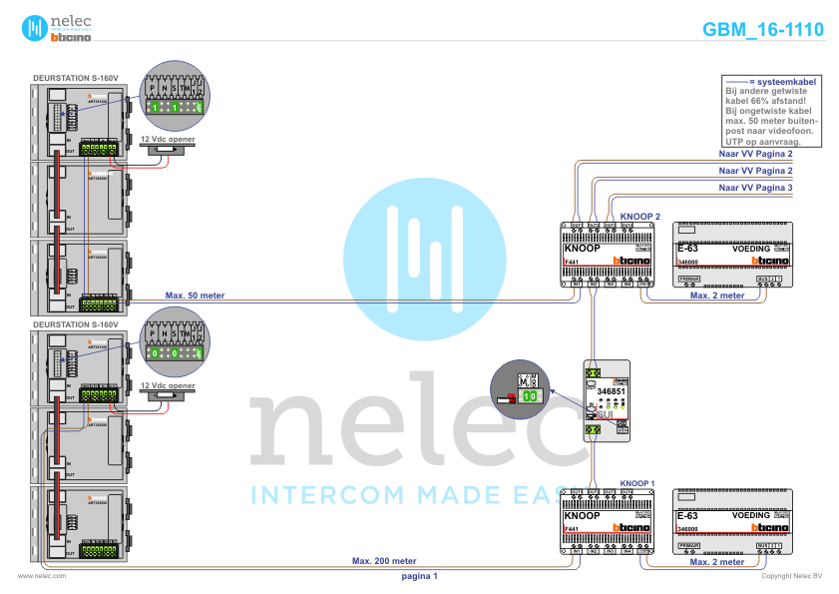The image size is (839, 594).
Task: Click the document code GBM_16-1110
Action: (763, 29)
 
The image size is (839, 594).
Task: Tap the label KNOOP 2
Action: (640, 216)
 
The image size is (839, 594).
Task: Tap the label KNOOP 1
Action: (637, 482)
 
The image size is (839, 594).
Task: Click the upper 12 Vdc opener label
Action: (168, 139)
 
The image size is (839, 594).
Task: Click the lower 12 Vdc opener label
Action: (168, 384)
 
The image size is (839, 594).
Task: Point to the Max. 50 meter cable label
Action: (195, 296)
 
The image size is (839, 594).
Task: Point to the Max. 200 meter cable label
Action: (384, 561)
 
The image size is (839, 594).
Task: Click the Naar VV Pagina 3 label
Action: (756, 187)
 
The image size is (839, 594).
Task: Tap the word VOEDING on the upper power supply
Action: (751, 249)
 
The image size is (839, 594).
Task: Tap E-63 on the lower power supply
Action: (688, 515)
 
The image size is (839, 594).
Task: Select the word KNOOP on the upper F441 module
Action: (582, 249)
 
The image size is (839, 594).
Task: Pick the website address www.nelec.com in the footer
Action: (42, 576)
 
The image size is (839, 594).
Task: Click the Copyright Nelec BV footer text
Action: (791, 576)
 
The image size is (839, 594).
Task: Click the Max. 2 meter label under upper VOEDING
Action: (717, 296)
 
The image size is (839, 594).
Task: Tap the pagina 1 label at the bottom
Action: (419, 576)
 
